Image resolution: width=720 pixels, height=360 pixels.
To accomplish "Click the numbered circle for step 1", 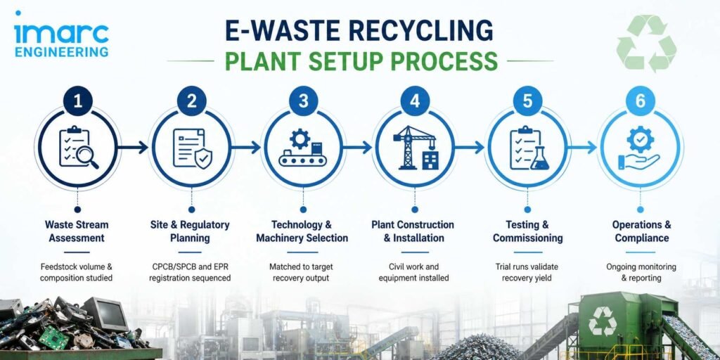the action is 77,101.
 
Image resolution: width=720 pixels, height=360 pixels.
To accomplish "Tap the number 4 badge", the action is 415,101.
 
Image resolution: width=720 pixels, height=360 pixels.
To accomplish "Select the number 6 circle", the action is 640,101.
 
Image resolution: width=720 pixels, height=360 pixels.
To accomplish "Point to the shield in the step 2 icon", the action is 203,158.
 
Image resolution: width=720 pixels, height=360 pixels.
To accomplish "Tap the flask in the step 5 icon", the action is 539,159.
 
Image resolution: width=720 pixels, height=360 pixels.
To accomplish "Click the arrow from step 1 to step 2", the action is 133,148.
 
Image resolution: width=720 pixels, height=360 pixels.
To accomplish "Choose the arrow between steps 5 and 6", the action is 581,148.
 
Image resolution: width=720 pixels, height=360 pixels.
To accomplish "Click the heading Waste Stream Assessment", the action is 77,231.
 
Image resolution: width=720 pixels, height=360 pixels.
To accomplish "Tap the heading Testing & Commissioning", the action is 527,231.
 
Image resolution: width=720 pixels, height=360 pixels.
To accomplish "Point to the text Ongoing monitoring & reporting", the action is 641,272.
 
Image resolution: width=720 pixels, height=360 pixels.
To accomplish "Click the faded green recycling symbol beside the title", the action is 647,43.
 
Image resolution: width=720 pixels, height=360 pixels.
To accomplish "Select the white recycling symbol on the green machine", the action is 603,321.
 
